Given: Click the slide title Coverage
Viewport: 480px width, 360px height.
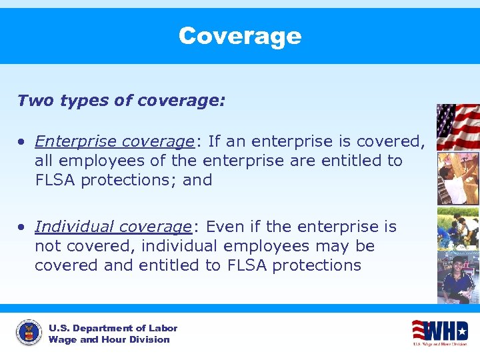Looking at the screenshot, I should pyautogui.click(x=240, y=36).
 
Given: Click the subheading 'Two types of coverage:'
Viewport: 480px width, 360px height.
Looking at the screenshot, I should pyautogui.click(x=121, y=101).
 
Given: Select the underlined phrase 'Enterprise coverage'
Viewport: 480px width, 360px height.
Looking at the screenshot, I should pyautogui.click(x=114, y=141).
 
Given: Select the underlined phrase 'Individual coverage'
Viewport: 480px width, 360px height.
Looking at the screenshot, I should pyautogui.click(x=113, y=227).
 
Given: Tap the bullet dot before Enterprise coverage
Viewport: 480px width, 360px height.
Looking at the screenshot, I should pyautogui.click(x=23, y=142).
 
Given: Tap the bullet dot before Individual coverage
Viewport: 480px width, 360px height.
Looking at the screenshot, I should pyautogui.click(x=23, y=227).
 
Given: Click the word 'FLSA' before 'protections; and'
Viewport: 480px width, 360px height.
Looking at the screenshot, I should pyautogui.click(x=55, y=180).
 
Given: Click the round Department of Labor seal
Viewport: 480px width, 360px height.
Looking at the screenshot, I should pyautogui.click(x=29, y=333).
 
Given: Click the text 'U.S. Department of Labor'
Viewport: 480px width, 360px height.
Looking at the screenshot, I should pyautogui.click(x=113, y=328).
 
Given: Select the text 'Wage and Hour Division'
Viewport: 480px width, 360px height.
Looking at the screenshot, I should pyautogui.click(x=109, y=340).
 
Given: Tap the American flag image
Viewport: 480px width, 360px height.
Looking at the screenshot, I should pyautogui.click(x=458, y=126).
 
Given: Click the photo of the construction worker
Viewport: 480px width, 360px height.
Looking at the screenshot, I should pyautogui.click(x=458, y=178).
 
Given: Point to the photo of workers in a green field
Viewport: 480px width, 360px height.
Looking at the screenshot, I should pyautogui.click(x=458, y=228).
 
